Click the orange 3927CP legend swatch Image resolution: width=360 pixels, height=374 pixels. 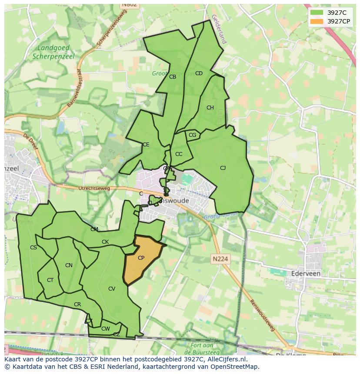317,21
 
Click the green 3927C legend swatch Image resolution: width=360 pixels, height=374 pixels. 317,13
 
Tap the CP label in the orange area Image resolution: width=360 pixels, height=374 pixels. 141,258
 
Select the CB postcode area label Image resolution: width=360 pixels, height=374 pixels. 173,77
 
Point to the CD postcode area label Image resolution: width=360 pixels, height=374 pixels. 199,73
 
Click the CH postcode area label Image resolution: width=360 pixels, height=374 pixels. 210,108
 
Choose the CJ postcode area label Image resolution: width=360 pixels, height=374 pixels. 223,168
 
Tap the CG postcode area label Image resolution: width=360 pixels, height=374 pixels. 192,135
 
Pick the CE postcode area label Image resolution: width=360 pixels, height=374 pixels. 146,145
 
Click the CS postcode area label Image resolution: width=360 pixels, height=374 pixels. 33,248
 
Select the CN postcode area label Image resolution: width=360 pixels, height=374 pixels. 69,265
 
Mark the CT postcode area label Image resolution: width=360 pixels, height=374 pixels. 50,280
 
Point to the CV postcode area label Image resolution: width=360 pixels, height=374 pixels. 112,289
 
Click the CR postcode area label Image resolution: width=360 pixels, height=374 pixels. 77,304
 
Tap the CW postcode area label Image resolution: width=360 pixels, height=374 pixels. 105,329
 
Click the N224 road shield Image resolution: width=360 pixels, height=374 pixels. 220,259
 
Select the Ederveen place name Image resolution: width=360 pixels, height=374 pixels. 304,274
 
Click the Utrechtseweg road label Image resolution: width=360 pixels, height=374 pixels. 94,189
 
